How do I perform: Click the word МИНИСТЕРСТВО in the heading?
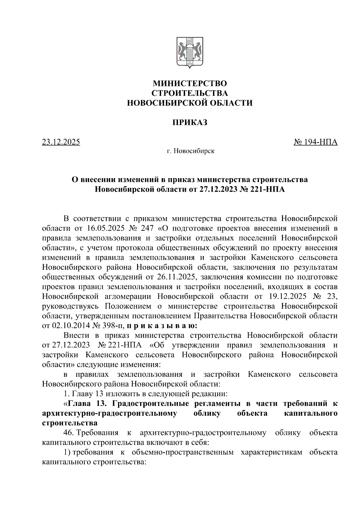(190, 83)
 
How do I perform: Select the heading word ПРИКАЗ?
(190, 122)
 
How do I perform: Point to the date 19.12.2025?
(286, 296)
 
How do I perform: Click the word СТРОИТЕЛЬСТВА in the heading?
(190, 93)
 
